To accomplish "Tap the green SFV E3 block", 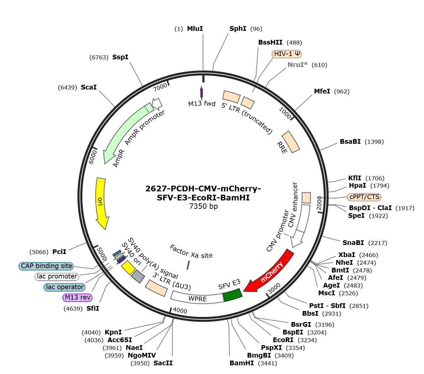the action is [x=233, y=295].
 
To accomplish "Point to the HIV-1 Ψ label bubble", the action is [x=287, y=54].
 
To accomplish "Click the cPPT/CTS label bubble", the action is [x=364, y=197].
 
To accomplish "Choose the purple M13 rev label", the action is [x=77, y=298].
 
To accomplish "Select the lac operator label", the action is [x=64, y=287].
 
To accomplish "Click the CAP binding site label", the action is [x=46, y=266].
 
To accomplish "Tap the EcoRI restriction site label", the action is [x=283, y=340].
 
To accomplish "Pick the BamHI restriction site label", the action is [x=242, y=363].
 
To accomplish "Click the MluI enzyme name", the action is [x=195, y=28].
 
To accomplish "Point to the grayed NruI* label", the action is [x=297, y=65].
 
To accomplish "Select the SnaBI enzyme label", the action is [x=353, y=243].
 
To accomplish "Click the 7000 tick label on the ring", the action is [x=160, y=87].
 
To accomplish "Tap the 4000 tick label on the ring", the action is [x=180, y=311].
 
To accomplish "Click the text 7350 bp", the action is [x=203, y=206].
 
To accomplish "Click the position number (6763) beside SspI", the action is [x=99, y=57].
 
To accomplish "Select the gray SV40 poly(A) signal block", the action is [x=138, y=276].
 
